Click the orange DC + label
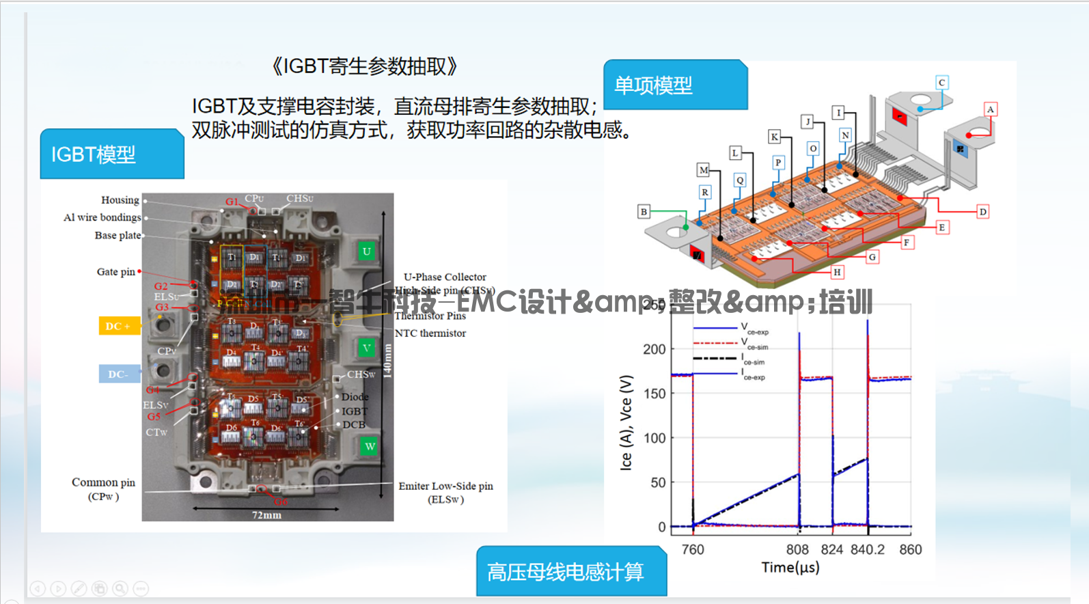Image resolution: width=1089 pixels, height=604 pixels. pos(118,326)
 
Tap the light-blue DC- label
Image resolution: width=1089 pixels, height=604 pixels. pos(119,374)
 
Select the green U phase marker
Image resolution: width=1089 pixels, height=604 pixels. pos(367,251)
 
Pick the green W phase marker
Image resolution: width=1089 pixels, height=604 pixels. pos(370,446)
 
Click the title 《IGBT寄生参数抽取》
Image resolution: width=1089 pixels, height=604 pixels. pos(363,66)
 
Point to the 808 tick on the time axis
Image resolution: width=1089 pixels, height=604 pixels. pos(797,549)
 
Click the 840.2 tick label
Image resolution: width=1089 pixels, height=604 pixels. pos(867,549)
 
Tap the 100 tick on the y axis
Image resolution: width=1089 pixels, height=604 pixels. pos(654,438)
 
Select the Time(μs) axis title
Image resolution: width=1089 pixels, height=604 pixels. pos(790,567)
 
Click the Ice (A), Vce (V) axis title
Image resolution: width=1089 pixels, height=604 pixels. pos(626,422)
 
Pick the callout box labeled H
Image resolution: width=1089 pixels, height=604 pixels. pos(837,272)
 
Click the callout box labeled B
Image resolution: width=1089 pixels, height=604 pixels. pos(644,212)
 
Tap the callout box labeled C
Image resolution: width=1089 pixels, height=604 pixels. pos(941,83)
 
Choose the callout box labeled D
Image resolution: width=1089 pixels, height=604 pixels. pos(982,212)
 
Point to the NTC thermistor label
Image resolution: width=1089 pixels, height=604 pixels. pos(430,333)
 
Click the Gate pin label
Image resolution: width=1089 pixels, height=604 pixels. pos(116,272)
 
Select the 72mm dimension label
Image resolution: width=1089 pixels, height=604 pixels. pos(266,515)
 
